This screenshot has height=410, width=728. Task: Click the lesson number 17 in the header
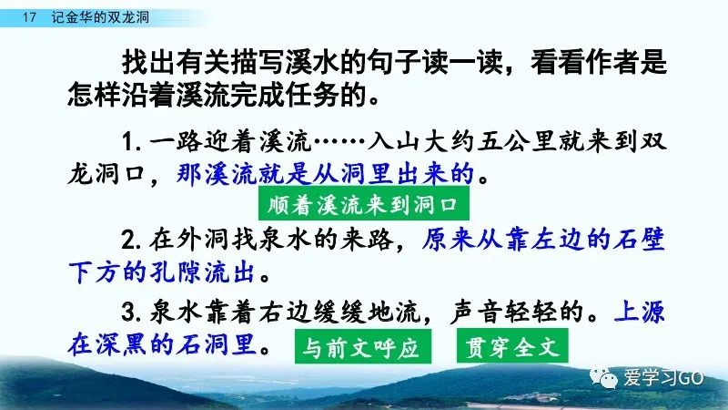pyautogui.click(x=29, y=17)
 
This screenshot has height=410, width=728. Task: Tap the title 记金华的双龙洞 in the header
pyautogui.click(x=100, y=17)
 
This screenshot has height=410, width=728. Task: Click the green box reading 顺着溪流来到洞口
pyautogui.click(x=363, y=204)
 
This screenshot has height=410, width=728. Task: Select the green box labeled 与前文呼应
pyautogui.click(x=362, y=347)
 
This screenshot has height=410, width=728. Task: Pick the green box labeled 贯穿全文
pyautogui.click(x=512, y=346)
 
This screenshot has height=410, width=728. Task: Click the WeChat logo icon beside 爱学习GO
pyautogui.click(x=603, y=377)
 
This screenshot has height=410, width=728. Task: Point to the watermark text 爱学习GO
pyautogui.click(x=663, y=377)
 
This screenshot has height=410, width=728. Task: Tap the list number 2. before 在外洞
pyautogui.click(x=131, y=241)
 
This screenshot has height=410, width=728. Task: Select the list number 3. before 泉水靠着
pyautogui.click(x=131, y=312)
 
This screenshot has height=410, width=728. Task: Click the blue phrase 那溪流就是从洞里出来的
pyautogui.click(x=325, y=174)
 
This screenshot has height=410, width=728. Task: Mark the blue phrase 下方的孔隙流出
pyautogui.click(x=162, y=272)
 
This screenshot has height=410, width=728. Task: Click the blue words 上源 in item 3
pyautogui.click(x=640, y=312)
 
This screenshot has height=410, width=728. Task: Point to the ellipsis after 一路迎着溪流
pyautogui.click(x=339, y=141)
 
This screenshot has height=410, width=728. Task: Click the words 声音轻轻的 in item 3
pyautogui.click(x=516, y=312)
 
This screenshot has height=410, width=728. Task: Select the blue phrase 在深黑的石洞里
pyautogui.click(x=162, y=344)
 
